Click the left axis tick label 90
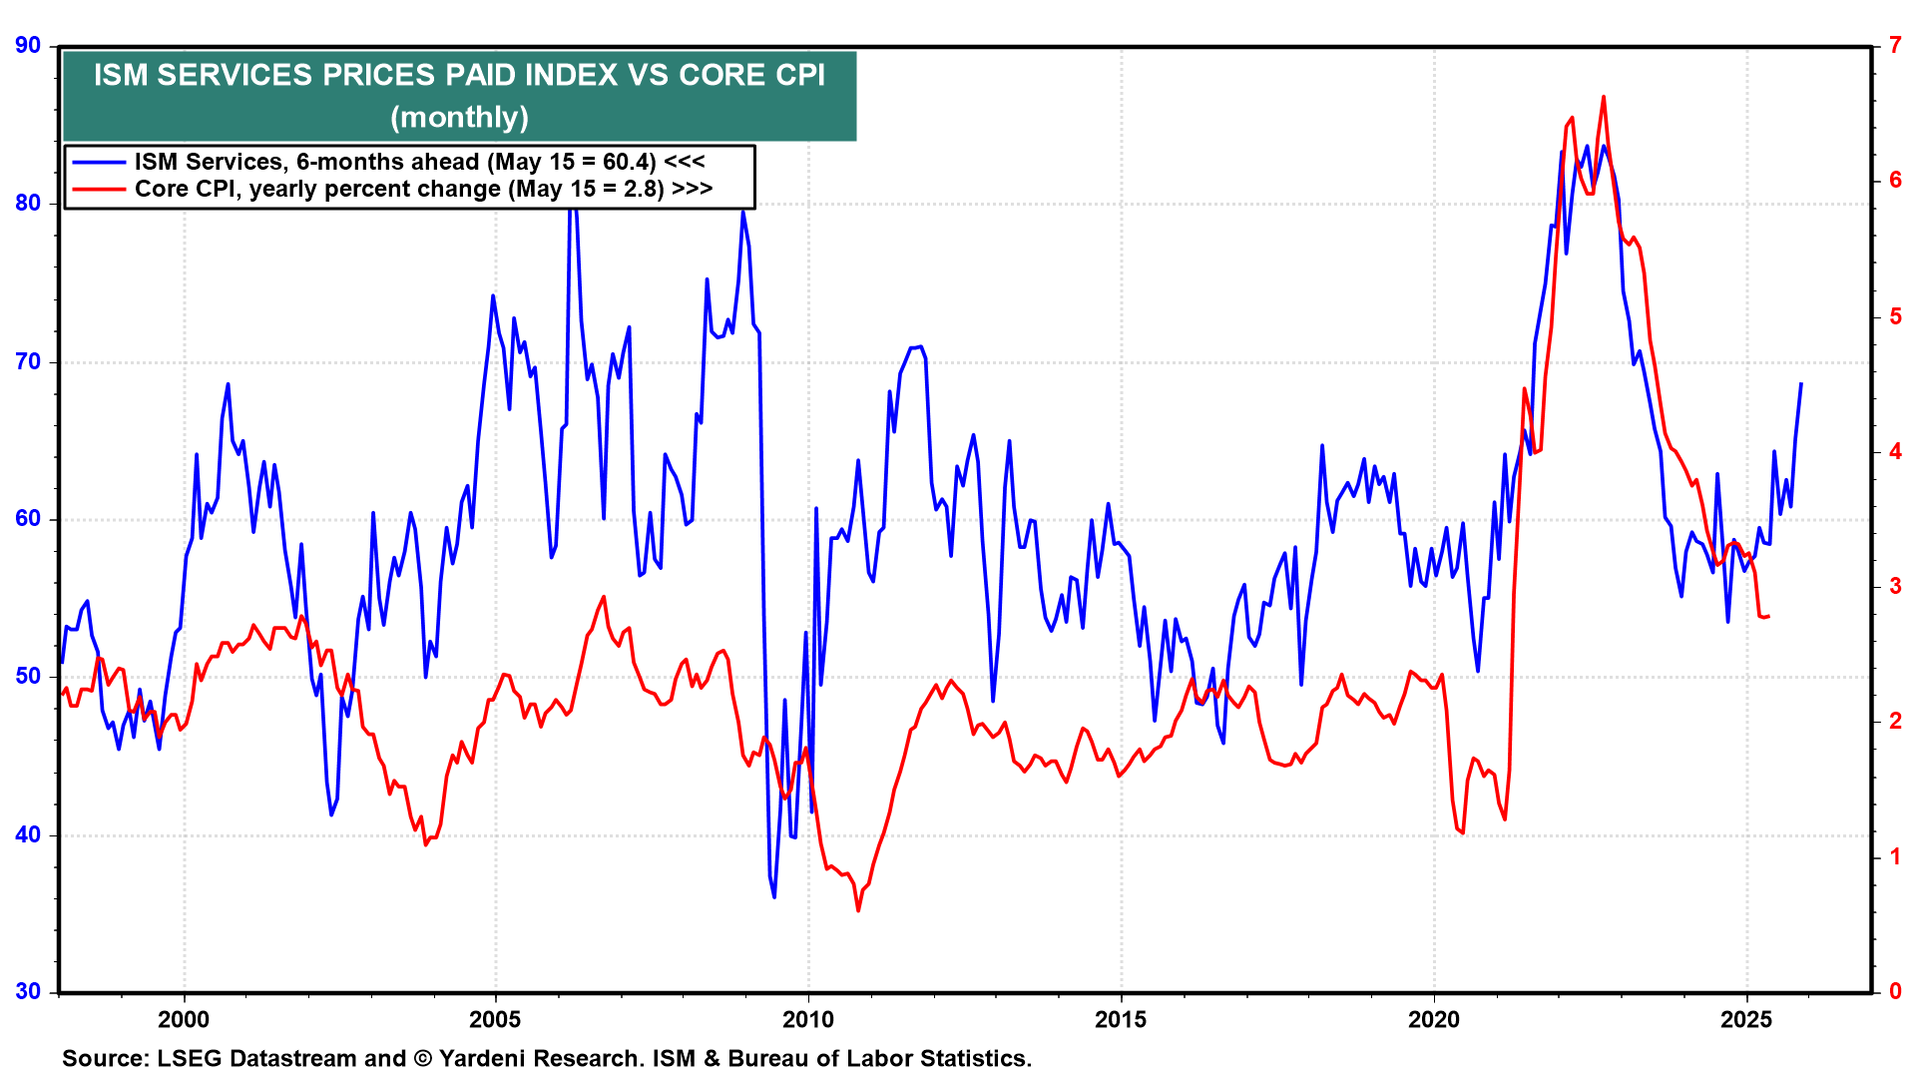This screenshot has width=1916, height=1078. [x=28, y=45]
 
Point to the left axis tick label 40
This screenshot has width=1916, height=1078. [x=28, y=834]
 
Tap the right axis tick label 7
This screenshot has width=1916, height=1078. [x=1895, y=45]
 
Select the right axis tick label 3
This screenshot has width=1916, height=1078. [x=1895, y=586]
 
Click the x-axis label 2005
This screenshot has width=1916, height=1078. [x=495, y=1019]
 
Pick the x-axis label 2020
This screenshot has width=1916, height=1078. [x=1433, y=1019]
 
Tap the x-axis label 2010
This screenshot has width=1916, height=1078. [x=807, y=1019]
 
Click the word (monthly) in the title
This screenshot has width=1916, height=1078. [x=459, y=118]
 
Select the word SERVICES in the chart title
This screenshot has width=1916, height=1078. [x=235, y=75]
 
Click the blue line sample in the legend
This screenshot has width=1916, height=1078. [x=98, y=163]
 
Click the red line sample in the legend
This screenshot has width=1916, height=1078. [x=98, y=190]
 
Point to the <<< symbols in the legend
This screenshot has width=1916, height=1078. [x=685, y=163]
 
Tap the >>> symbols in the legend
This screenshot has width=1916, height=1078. [x=692, y=190]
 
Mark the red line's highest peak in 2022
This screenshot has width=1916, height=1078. [x=1604, y=97]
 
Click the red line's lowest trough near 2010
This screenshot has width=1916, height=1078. [x=858, y=910]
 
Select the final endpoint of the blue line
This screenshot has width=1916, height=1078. [x=1801, y=383]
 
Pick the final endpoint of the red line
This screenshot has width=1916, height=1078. [x=1768, y=616]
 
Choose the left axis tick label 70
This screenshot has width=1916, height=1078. [x=28, y=361]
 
